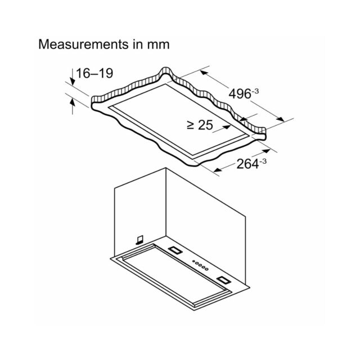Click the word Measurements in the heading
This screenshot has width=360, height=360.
(83, 44)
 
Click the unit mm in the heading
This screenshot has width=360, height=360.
(158, 44)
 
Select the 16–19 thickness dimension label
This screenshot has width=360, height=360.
(94, 73)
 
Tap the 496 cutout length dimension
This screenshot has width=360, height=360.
(240, 94)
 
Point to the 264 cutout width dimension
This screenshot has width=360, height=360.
(247, 164)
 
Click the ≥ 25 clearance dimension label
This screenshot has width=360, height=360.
(200, 125)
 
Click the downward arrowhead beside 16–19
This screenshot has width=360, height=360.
(73, 81)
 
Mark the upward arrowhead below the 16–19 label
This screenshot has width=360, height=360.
(73, 102)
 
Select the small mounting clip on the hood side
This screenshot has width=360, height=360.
(139, 240)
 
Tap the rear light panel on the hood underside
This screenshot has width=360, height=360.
(175, 250)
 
